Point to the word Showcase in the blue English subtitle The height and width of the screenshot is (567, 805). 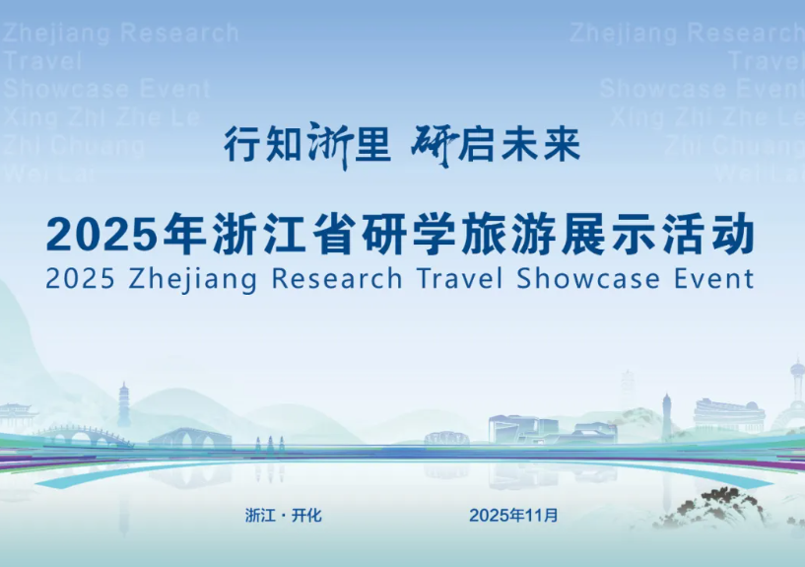point(588,278)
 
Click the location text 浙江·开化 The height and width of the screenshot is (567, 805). point(284,515)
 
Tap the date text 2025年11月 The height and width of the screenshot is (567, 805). point(513,515)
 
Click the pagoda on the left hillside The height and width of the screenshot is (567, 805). point(124,404)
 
